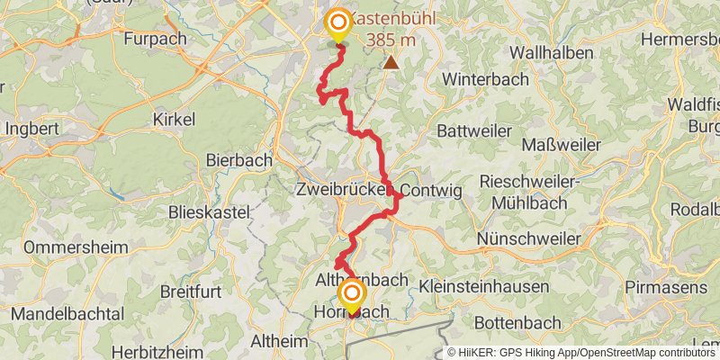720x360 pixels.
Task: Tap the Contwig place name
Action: (429, 191)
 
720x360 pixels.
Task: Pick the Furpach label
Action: (155, 39)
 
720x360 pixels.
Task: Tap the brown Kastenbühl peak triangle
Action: (391, 62)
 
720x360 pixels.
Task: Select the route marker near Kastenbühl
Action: (339, 22)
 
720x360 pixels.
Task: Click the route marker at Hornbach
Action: (351, 295)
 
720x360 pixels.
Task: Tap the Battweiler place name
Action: (473, 130)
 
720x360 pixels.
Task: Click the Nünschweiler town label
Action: (533, 238)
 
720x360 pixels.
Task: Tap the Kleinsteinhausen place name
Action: (483, 285)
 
